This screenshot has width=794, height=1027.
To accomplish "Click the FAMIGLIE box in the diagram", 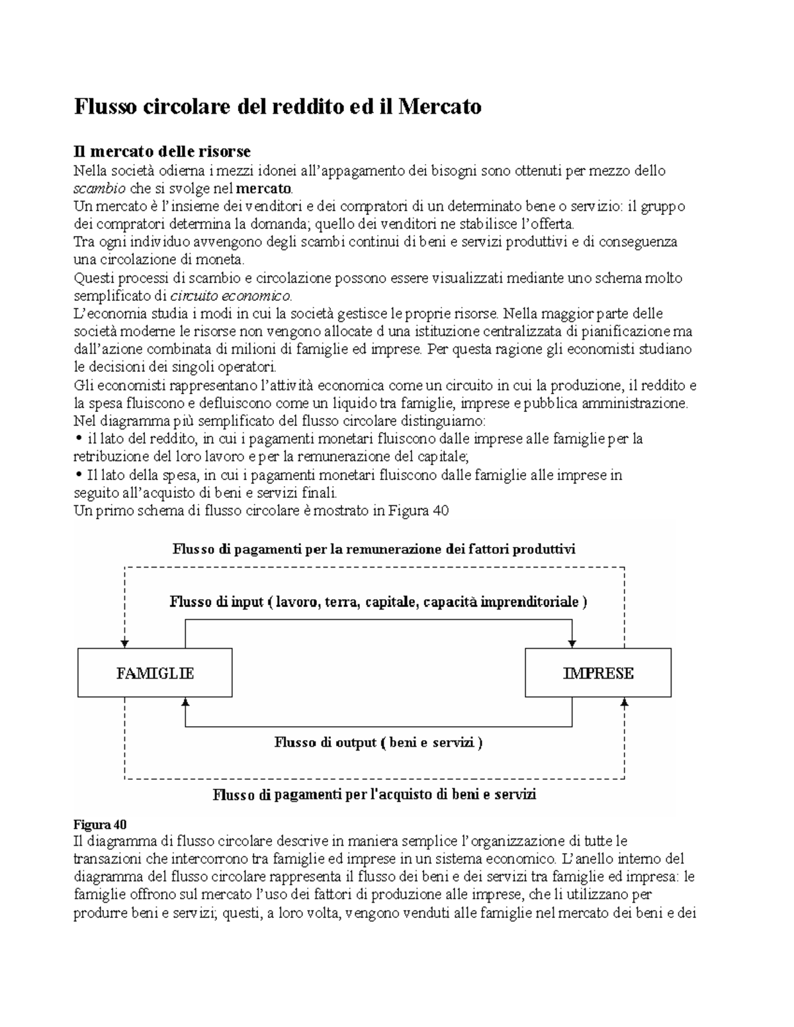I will pos(155,673).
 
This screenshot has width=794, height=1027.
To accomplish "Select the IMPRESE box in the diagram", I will pos(597,673).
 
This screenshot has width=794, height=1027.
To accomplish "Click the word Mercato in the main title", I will pos(439,106).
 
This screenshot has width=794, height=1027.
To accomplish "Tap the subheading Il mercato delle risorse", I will pos(161,152).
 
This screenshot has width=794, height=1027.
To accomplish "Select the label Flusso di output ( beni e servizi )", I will pos(378,743).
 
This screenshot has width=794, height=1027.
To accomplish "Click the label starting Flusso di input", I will pos(378,602).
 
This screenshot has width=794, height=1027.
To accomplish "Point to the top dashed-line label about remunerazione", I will pos(374,550).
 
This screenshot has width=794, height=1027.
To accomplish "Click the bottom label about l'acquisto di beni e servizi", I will pos(374,795).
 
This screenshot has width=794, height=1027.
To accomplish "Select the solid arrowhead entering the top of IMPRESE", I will pos(572,643).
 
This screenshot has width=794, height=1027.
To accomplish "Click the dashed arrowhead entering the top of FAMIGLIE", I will pos(124,643).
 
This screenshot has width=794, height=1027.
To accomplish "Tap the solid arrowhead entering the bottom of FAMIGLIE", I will pos(185,702).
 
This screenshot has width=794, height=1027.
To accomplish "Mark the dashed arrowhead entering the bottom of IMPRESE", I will pos(624,702).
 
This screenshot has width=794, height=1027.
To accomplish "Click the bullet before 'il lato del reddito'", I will pos(77,438).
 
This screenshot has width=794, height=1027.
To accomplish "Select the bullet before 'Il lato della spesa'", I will pos(77,474).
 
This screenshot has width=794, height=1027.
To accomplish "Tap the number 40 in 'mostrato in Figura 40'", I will pos(440,511).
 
